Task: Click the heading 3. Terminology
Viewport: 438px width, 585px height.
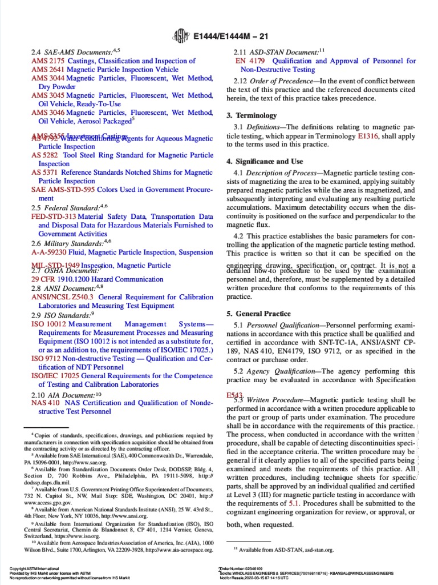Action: point(252,115)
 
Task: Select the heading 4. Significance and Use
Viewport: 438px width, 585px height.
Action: point(265,162)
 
